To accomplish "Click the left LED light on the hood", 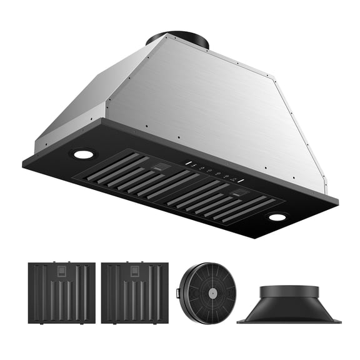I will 82,154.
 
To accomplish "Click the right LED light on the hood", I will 277,217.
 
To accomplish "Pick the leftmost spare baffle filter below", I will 61,292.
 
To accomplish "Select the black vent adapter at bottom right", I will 289,305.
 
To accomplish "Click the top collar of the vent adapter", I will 289,291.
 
